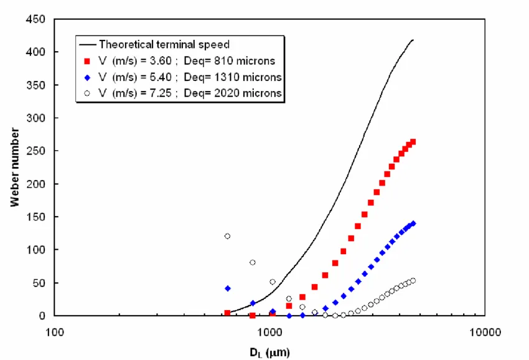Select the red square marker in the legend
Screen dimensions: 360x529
[x=88, y=60]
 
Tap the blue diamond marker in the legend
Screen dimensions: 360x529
[x=88, y=77]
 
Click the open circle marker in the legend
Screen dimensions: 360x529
[x=88, y=93]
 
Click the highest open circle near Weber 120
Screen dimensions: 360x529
[x=227, y=236]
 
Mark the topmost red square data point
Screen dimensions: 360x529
[x=413, y=142]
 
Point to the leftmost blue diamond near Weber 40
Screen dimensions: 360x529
[x=228, y=288]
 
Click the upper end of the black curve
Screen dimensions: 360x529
[x=413, y=40]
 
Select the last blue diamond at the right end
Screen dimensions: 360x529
[x=413, y=223]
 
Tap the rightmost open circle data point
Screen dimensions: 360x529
[x=413, y=281]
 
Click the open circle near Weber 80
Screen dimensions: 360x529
[x=253, y=262]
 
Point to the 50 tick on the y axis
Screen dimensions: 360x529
[x=39, y=283]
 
